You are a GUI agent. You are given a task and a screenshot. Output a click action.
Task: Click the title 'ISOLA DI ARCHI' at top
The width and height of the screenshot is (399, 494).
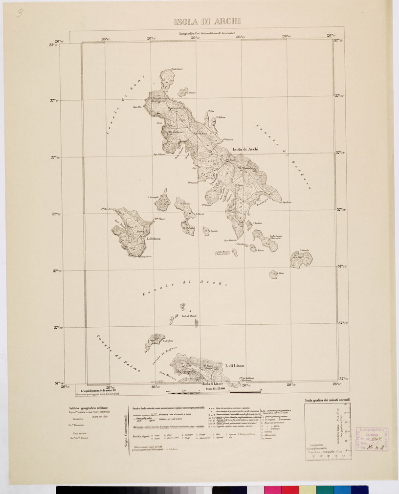point(207,22)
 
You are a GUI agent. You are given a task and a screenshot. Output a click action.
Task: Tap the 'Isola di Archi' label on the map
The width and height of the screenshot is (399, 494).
point(245,149)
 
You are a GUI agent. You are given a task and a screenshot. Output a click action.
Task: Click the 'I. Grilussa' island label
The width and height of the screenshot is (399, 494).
point(154,238)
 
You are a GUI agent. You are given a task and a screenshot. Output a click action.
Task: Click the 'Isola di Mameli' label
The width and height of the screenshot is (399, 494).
point(189,317)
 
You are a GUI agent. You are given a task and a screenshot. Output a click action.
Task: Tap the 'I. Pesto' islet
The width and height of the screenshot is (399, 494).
point(281,273)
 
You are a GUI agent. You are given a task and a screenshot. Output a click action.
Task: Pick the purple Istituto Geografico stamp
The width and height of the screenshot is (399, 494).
point(371,439)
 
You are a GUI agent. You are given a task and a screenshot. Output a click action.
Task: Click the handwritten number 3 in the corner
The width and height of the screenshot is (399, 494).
point(19,12)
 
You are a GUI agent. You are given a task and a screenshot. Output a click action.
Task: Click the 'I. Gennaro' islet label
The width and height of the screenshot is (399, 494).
point(192,93)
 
